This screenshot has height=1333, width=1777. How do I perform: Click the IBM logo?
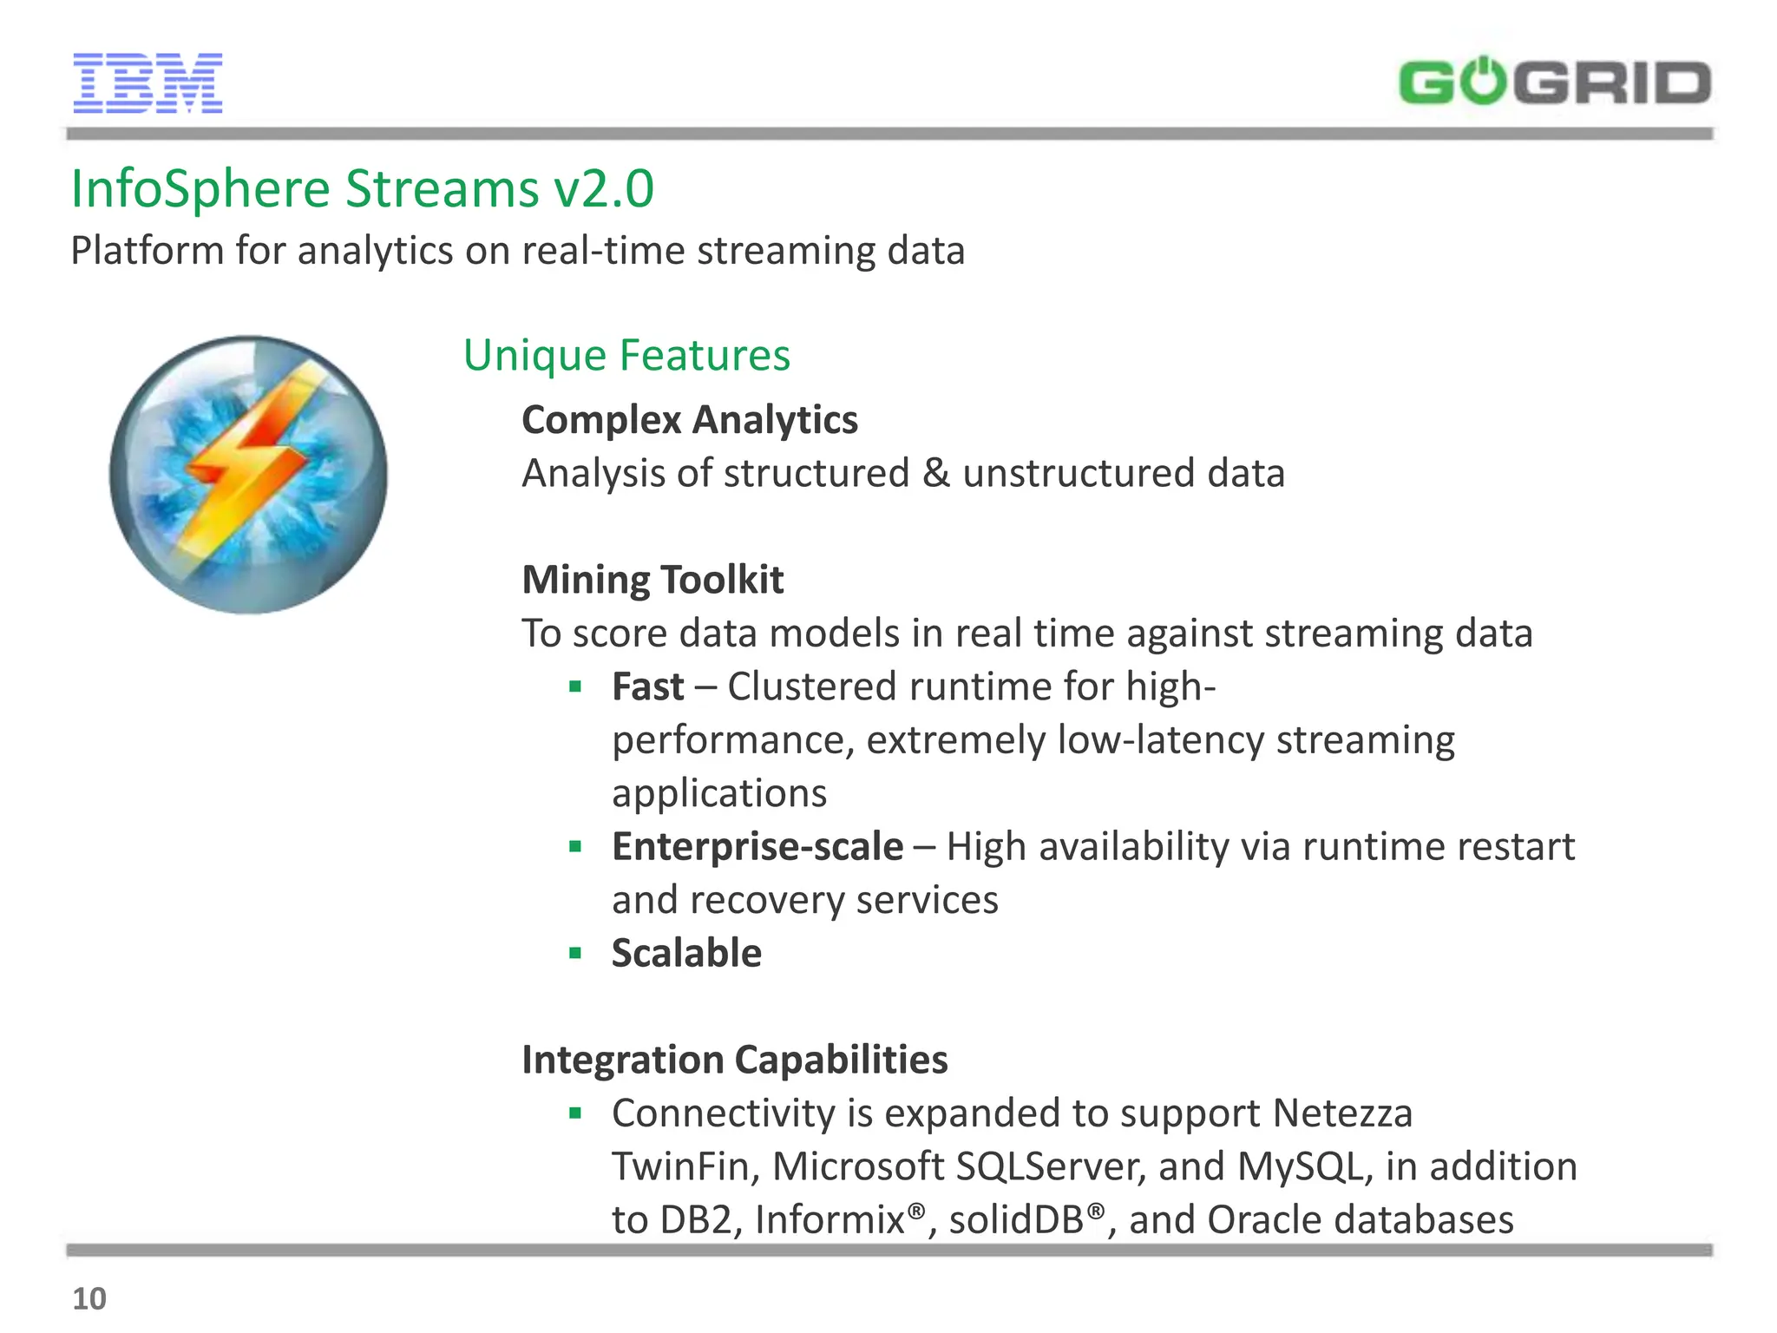click(x=148, y=83)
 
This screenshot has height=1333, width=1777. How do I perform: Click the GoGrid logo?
click(x=1554, y=83)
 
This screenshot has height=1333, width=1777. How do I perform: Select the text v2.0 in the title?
click(x=604, y=189)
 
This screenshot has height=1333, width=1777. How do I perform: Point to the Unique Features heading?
click(x=626, y=356)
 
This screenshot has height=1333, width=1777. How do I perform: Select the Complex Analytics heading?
click(x=690, y=420)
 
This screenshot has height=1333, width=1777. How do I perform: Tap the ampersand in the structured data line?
click(x=935, y=474)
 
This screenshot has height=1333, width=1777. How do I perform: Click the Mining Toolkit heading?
click(x=652, y=580)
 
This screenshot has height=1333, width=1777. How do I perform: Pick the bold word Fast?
click(x=647, y=686)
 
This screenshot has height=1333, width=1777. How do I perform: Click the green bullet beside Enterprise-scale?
click(x=574, y=846)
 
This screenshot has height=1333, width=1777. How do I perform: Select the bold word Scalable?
click(x=686, y=953)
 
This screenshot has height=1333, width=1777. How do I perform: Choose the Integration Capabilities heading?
click(x=734, y=1060)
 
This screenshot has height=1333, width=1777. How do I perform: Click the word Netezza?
click(x=1342, y=1113)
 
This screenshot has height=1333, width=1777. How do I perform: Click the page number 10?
click(x=89, y=1299)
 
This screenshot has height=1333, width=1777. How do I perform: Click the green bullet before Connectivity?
click(x=574, y=1113)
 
